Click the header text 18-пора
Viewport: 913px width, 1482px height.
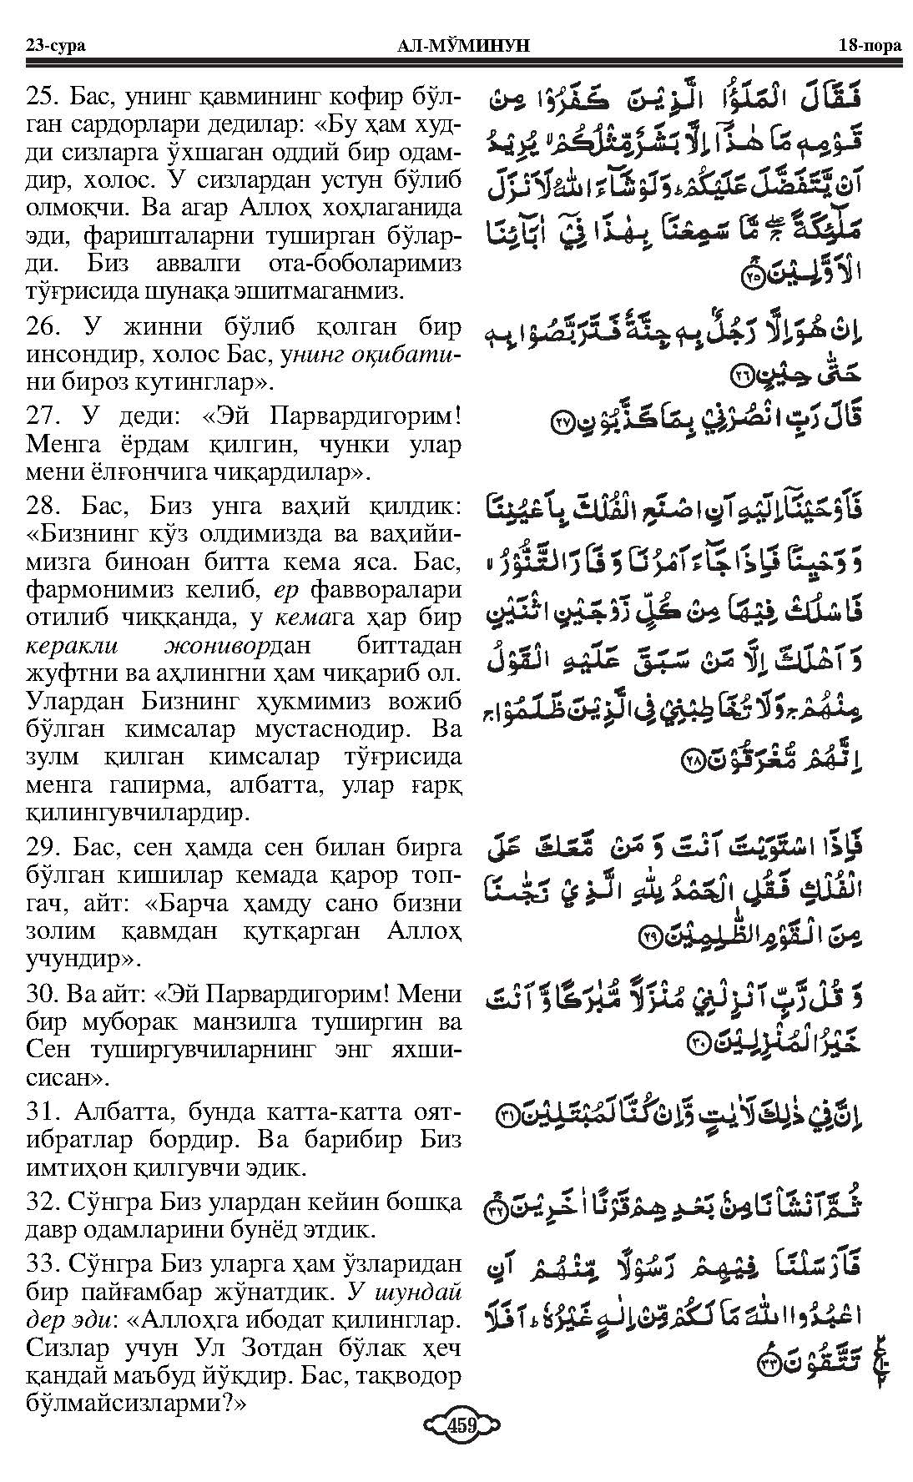869,45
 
